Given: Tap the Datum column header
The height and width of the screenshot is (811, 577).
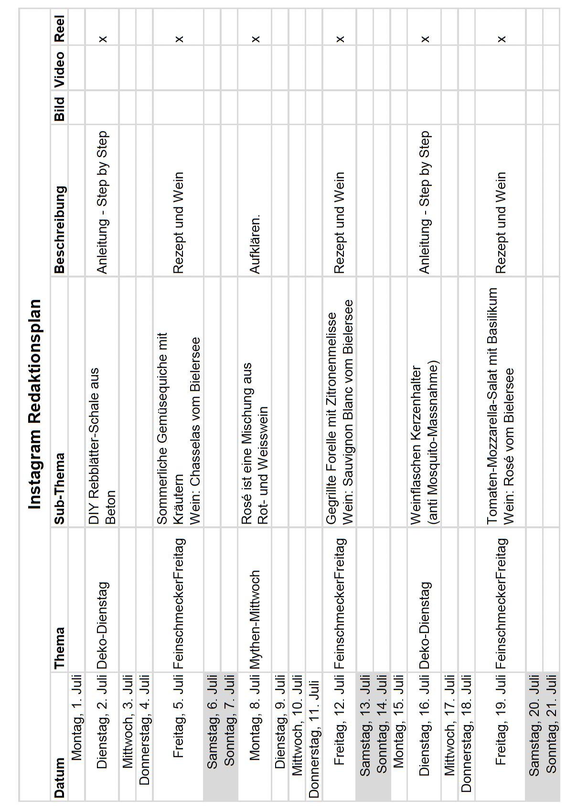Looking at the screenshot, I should pyautogui.click(x=59, y=777).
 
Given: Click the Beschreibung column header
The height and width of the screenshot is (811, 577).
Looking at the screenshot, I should pyautogui.click(x=59, y=229).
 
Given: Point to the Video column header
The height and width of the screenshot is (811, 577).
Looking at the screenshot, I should pyautogui.click(x=59, y=69).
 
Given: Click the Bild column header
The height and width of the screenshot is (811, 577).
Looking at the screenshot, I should pyautogui.click(x=59, y=109).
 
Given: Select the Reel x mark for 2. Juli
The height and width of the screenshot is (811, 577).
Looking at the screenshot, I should pyautogui.click(x=103, y=39).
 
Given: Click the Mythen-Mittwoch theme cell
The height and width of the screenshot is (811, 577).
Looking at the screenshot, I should pyautogui.click(x=255, y=619).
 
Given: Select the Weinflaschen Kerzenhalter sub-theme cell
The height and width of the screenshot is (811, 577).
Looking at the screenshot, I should pyautogui.click(x=425, y=444).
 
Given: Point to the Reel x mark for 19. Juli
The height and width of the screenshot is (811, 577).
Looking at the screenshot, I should pyautogui.click(x=501, y=39).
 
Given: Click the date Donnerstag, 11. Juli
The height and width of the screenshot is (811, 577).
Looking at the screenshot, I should pyautogui.click(x=314, y=736).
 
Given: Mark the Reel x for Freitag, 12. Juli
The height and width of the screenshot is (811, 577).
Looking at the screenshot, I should pyautogui.click(x=340, y=39).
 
